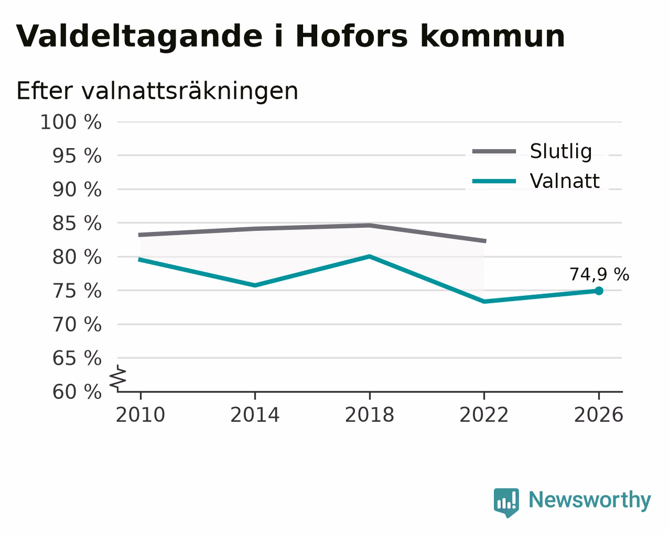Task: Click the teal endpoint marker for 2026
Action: point(599,291)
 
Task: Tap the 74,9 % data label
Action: point(599,274)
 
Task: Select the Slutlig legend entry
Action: point(532,151)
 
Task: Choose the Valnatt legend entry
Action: point(536,181)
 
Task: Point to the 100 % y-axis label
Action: point(71,122)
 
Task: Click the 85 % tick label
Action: point(77,223)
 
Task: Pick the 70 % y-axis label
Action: point(77,325)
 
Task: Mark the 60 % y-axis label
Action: point(77,392)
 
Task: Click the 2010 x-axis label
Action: point(140,415)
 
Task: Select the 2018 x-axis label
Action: point(369,415)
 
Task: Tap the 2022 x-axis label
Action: point(484,415)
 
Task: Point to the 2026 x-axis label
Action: point(598,415)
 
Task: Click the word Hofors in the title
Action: point(351,36)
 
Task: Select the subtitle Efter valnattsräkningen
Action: point(157,91)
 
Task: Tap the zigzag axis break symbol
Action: point(118,378)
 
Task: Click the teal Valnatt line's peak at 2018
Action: point(370,257)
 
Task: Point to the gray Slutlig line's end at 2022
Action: point(485,241)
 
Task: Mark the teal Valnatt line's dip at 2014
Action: point(255,285)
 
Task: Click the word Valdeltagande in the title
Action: point(139,36)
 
